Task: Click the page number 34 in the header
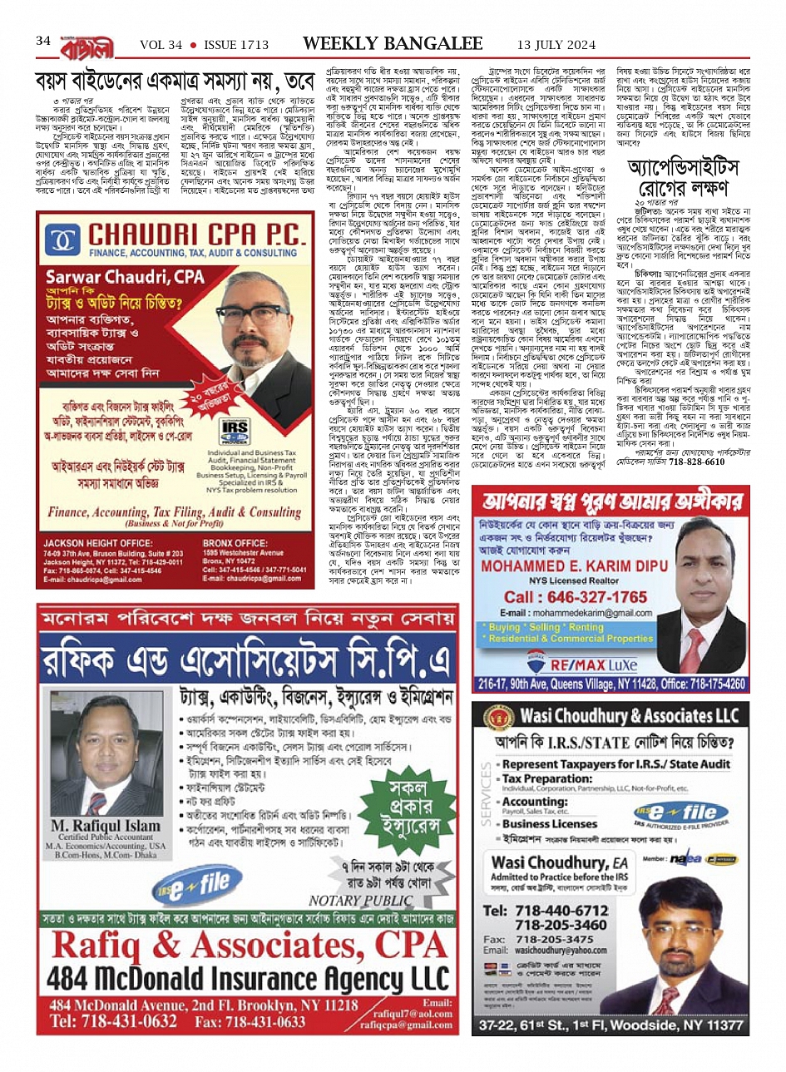click(x=43, y=42)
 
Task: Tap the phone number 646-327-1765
click(x=575, y=597)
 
